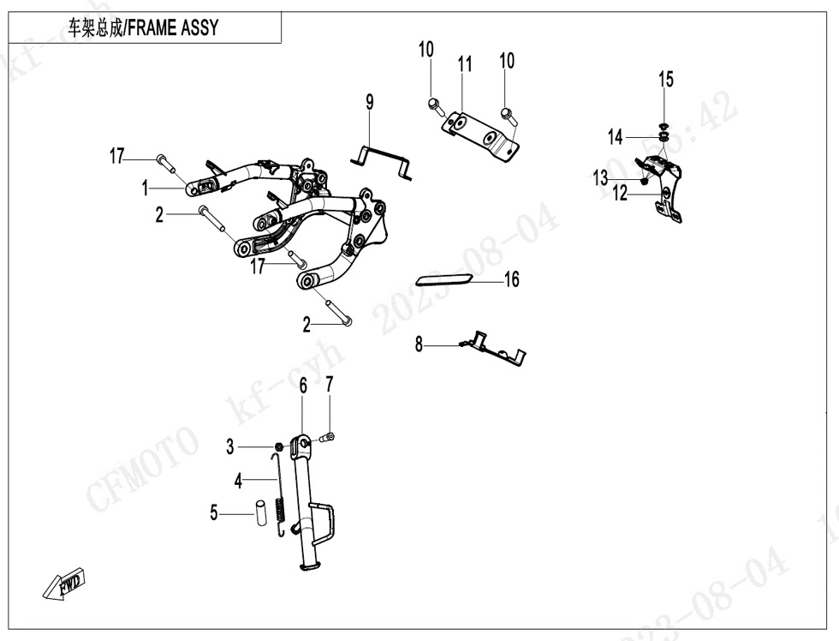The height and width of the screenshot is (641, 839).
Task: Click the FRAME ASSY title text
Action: tap(143, 28)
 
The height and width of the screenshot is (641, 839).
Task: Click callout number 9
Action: tap(370, 103)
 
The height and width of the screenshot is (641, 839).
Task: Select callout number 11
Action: tap(465, 64)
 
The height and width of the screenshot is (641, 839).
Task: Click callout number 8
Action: tap(419, 345)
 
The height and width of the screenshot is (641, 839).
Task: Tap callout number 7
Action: tap(329, 386)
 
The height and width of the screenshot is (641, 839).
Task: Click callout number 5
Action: tap(214, 514)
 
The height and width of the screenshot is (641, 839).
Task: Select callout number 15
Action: tap(665, 80)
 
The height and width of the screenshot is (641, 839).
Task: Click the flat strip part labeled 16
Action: tap(443, 279)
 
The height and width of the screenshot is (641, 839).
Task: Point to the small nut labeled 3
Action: tap(279, 446)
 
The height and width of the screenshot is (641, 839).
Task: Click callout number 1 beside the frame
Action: tap(146, 187)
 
